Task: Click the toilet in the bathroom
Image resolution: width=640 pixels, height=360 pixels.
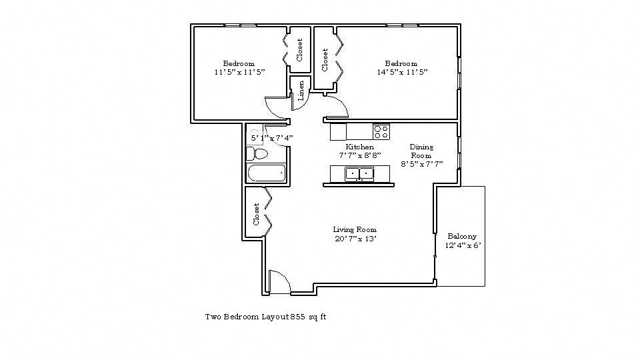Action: (x=257, y=154)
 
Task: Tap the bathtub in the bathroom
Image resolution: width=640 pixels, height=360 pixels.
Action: (x=266, y=173)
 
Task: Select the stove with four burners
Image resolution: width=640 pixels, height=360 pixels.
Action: (x=381, y=132)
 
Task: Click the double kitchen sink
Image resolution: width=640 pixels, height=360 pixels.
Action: (x=359, y=174)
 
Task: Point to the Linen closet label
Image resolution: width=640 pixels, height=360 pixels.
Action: (x=301, y=90)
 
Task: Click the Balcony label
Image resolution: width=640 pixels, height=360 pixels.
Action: (x=462, y=236)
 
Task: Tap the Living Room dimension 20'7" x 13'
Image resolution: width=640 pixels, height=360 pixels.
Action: (x=355, y=239)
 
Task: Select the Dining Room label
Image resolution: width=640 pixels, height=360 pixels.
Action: (x=421, y=151)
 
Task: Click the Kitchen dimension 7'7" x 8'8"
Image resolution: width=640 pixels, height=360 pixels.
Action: (x=359, y=155)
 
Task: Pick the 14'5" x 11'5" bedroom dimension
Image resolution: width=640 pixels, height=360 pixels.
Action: (x=402, y=72)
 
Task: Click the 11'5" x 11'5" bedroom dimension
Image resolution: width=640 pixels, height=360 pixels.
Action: (x=239, y=72)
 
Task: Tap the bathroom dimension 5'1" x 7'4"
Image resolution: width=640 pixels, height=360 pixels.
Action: (x=272, y=138)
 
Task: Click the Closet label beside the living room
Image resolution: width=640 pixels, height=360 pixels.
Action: (x=256, y=214)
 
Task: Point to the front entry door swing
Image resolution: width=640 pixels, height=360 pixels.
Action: (x=281, y=281)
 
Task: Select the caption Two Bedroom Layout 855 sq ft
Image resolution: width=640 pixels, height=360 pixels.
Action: (x=265, y=317)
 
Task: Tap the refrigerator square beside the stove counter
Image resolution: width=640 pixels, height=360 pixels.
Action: (x=338, y=132)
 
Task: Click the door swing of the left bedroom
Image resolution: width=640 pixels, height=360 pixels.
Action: (x=276, y=107)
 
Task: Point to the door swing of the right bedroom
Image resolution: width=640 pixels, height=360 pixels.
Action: (x=337, y=106)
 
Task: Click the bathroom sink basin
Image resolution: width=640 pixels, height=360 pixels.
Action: (x=255, y=135)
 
